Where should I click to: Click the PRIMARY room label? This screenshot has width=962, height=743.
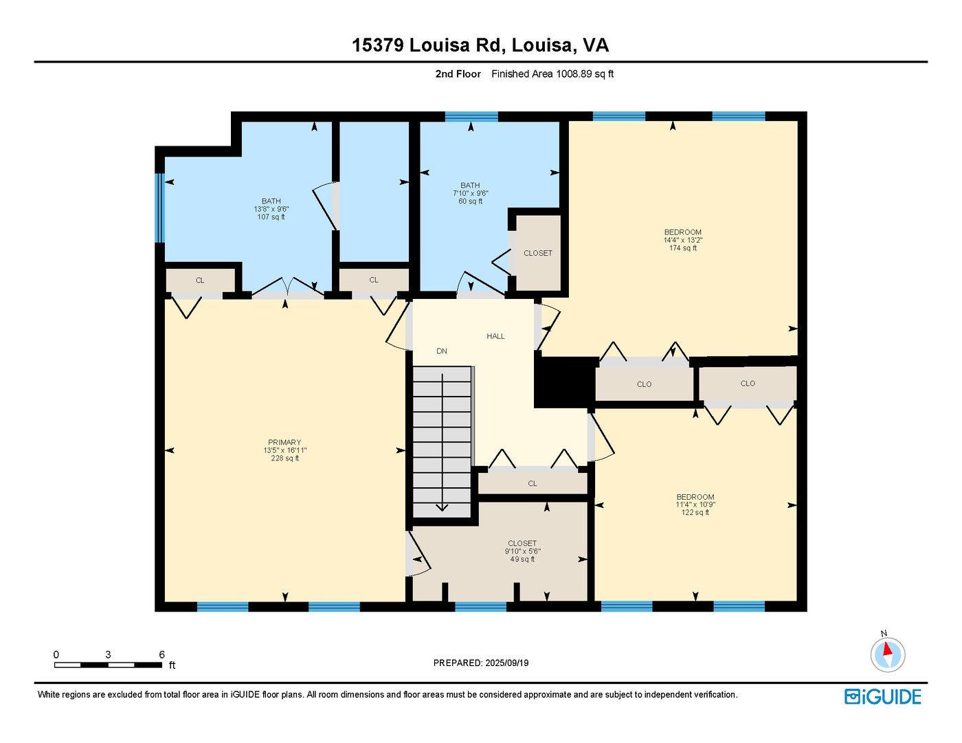[284, 443]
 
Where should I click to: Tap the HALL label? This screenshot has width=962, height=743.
[495, 336]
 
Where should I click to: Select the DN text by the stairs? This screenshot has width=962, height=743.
[442, 351]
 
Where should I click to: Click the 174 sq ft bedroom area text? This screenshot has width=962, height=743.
[682, 248]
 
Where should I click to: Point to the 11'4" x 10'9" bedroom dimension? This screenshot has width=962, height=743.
[695, 504]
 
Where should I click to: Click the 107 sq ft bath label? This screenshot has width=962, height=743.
[271, 217]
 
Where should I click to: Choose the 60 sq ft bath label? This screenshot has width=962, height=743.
[470, 201]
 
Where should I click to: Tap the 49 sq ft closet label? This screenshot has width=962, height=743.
[522, 559]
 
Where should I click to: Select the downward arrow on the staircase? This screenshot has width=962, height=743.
[442, 507]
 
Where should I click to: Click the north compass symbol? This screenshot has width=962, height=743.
[888, 653]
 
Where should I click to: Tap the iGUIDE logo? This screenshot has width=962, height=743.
[882, 697]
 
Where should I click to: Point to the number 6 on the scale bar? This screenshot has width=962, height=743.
[161, 654]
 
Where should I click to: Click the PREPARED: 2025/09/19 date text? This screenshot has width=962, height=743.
[481, 663]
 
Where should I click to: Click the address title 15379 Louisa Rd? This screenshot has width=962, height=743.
[480, 45]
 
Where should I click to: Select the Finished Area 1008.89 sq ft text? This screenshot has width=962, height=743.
[552, 74]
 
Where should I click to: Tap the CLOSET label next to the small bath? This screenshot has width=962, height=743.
[537, 253]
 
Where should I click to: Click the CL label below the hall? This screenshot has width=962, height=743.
[533, 484]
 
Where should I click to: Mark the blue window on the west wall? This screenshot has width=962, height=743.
[160, 208]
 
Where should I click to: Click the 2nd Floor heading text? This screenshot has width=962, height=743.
[458, 74]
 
